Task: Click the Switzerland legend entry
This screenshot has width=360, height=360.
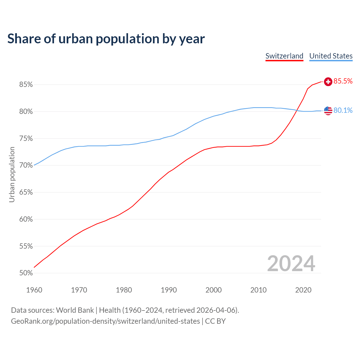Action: tap(284, 56)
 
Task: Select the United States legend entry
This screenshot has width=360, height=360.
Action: tap(331, 56)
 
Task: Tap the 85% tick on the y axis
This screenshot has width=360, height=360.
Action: tap(26, 85)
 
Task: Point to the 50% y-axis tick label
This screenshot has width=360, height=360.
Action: tap(26, 273)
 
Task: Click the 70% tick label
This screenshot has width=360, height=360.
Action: tap(26, 165)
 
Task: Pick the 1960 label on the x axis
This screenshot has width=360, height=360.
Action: tap(34, 290)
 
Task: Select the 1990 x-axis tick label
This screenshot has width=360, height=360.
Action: tap(169, 290)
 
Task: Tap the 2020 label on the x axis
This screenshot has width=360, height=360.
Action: tap(303, 290)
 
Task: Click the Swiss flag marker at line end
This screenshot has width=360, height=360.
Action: tap(328, 82)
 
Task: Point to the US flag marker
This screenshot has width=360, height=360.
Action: tap(328, 111)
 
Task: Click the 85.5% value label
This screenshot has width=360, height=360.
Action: tap(343, 81)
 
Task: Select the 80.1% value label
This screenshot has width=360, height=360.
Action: tap(343, 111)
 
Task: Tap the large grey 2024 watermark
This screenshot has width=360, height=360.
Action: tap(291, 264)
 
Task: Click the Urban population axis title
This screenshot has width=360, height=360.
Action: tap(12, 174)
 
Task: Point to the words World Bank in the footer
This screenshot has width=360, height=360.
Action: tap(75, 310)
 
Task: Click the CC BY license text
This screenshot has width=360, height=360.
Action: tap(215, 321)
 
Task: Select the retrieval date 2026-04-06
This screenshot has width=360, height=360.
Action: tap(215, 310)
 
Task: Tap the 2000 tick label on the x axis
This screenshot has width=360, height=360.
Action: tap(213, 290)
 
